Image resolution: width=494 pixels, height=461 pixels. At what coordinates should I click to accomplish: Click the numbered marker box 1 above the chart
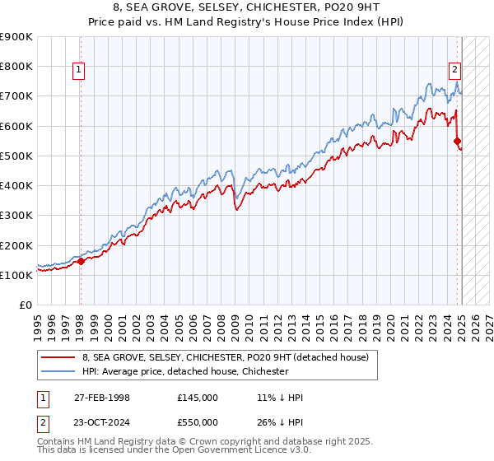[x=78, y=70]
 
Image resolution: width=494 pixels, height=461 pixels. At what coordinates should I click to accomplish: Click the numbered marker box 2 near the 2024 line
[x=454, y=70]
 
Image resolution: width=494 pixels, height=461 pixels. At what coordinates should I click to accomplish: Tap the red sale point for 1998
[x=81, y=262]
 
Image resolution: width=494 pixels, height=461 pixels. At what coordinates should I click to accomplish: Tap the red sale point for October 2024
[x=457, y=141]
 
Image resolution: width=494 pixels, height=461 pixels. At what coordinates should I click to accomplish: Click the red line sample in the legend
[x=58, y=357]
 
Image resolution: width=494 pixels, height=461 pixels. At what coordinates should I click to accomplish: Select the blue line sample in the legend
[x=58, y=371]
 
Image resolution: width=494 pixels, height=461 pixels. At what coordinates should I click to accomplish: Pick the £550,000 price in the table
[x=198, y=423]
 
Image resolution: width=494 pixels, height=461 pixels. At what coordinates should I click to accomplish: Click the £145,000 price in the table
[x=198, y=398]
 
